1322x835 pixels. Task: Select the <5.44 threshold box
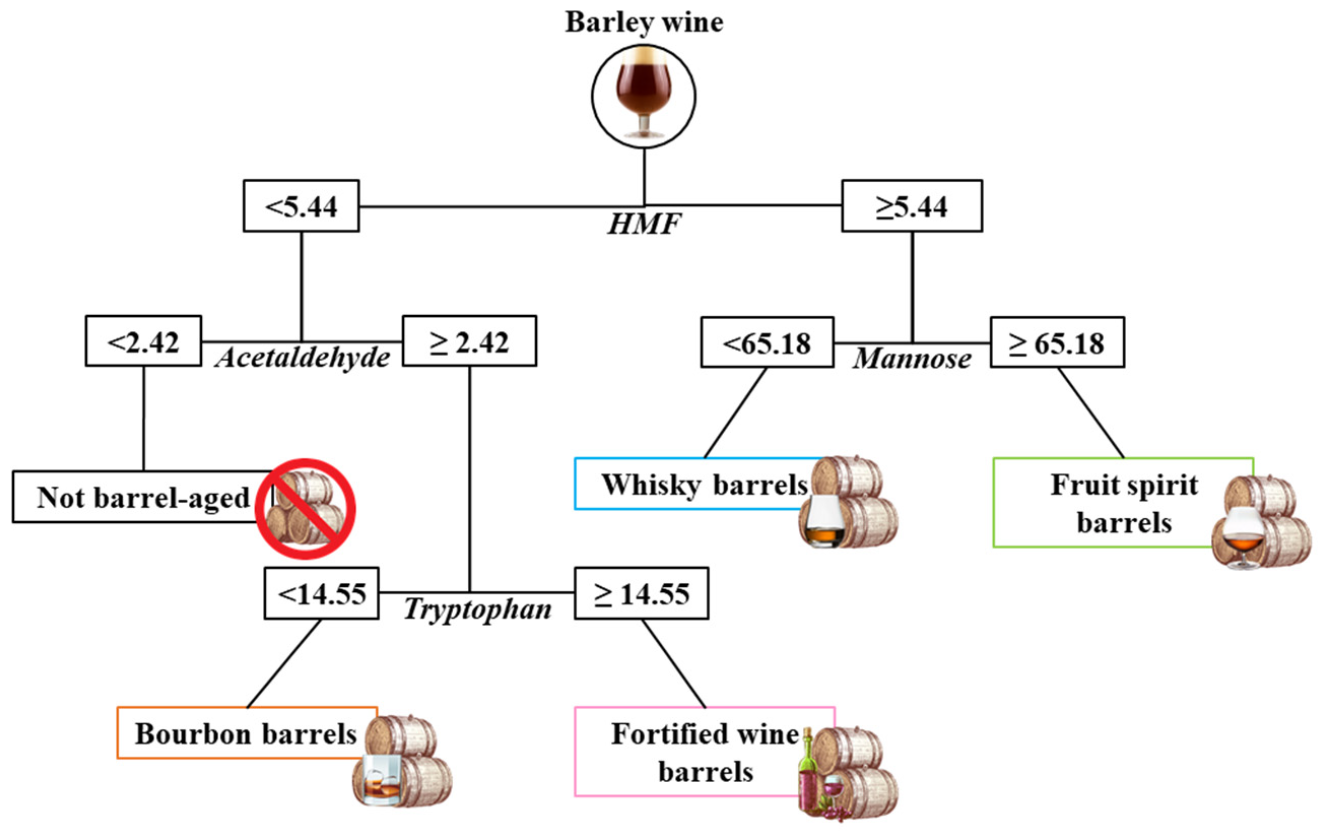click(x=301, y=206)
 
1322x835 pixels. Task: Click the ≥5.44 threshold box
click(x=911, y=206)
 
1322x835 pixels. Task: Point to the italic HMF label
click(x=643, y=224)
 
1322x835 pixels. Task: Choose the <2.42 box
click(x=143, y=341)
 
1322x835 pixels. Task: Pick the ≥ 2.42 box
click(x=469, y=341)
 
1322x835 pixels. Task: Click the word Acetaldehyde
click(x=302, y=358)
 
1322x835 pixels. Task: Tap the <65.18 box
click(x=767, y=343)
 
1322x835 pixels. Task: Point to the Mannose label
click(x=911, y=359)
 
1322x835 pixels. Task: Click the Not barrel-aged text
click(x=143, y=497)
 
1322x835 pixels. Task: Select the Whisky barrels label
click(x=704, y=484)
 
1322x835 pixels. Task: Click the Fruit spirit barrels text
click(x=1124, y=503)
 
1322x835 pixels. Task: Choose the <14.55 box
click(x=321, y=594)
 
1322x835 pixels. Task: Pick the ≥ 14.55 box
click(x=641, y=594)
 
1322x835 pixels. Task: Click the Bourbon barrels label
click(x=246, y=733)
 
